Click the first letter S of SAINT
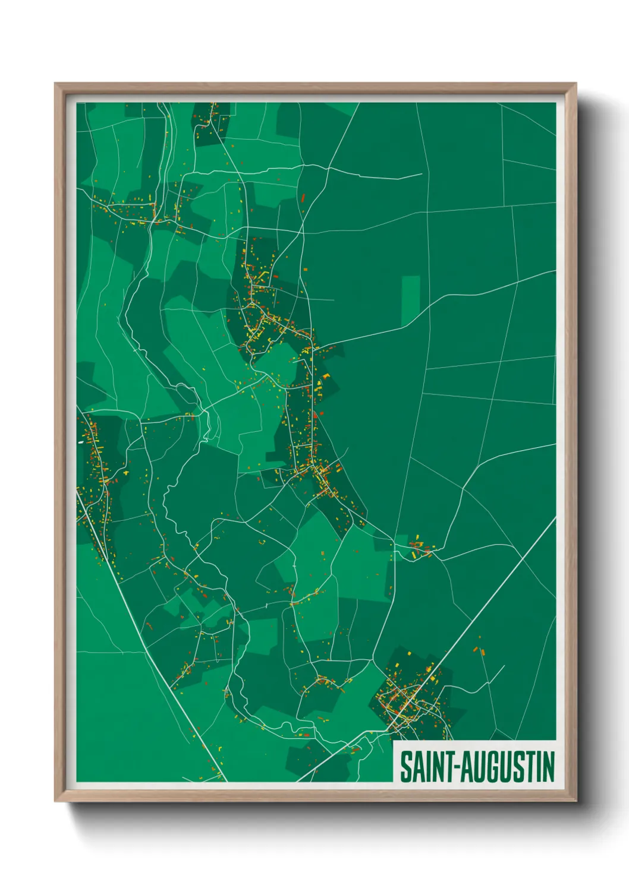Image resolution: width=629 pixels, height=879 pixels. (x=405, y=767)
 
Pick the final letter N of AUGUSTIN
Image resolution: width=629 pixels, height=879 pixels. (x=549, y=767)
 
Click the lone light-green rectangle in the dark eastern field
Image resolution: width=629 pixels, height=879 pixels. (x=410, y=301)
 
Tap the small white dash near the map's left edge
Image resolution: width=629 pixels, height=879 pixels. (x=81, y=442)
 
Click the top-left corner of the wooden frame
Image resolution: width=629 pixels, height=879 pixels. (x=55, y=84)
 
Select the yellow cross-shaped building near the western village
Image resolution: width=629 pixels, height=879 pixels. (x=126, y=473)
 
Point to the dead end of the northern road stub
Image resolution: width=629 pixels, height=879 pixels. (x=421, y=174)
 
